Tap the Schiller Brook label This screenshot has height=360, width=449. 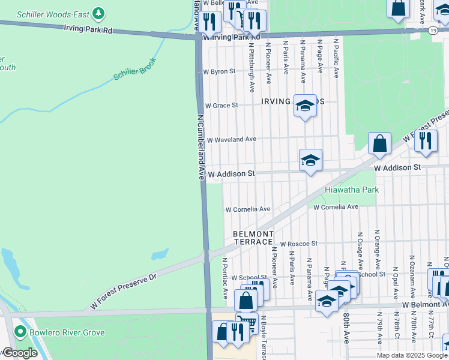click(x=135, y=69)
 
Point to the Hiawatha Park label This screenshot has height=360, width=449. click(x=352, y=190)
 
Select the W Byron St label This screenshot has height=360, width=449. click(x=219, y=71)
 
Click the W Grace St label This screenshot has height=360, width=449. click(x=221, y=105)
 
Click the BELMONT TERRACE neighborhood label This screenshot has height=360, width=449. click(x=253, y=238)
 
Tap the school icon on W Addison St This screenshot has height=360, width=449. click(x=310, y=160)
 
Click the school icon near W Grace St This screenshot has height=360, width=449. click(x=305, y=106)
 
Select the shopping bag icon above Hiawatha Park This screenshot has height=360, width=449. click(x=379, y=144)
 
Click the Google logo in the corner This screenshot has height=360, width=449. click(x=20, y=353)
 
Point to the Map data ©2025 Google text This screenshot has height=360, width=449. click(x=412, y=355)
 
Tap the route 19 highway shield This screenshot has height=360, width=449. click(x=432, y=29)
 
